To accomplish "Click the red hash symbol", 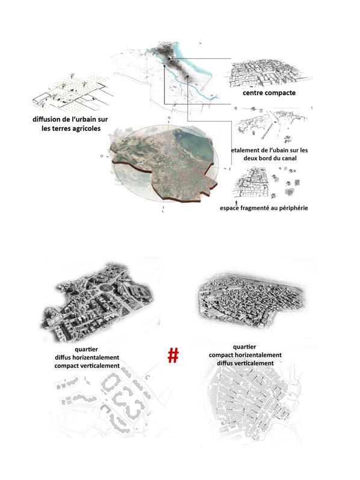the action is (173, 355).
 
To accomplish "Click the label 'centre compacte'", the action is (269, 93).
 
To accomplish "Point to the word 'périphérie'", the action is (292, 208).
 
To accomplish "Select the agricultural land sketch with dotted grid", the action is (70, 92).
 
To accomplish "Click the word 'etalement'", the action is (244, 151).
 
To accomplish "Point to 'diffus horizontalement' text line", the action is (87, 358).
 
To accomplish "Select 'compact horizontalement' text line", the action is (245, 355).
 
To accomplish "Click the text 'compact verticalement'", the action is (87, 366).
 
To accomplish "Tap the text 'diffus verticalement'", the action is (245, 363).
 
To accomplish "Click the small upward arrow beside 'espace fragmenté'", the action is (237, 202).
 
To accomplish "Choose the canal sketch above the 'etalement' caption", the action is (271, 125).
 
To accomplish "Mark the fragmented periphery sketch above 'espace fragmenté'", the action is (266, 182).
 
